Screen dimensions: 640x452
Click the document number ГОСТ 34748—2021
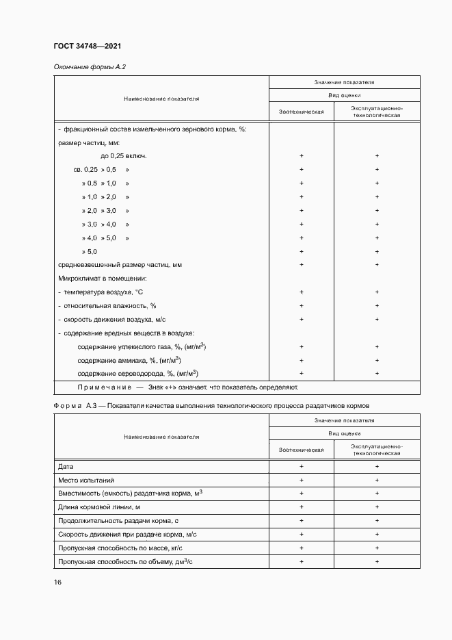[87, 46]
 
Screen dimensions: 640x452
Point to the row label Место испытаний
[87, 480]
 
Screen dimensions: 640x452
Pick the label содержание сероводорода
[137, 373]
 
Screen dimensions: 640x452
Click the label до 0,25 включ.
[124, 156]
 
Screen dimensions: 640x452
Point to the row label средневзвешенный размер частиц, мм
[120, 264]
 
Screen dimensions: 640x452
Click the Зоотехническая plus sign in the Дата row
[302, 466]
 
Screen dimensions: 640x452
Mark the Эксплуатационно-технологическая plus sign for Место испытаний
[377, 480]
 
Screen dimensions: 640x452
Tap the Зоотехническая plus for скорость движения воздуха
[302, 319]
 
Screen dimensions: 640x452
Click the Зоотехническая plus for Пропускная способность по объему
[302, 561]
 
